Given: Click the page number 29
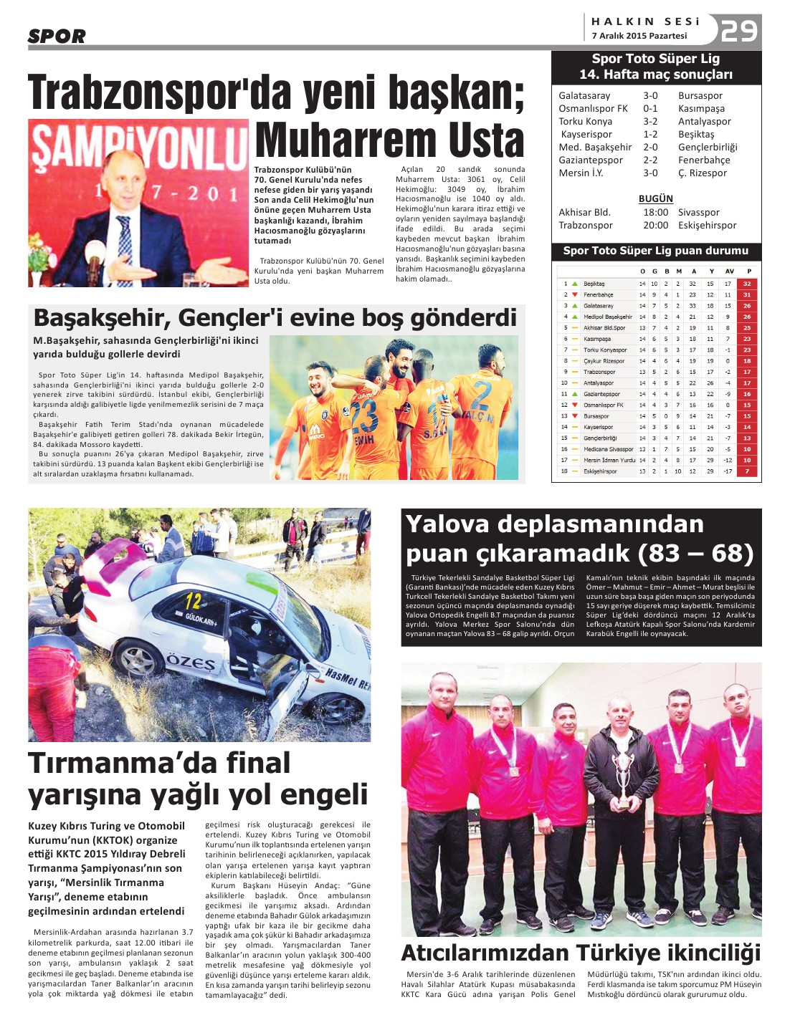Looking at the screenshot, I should [739, 31].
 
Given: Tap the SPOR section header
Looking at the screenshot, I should [57, 37].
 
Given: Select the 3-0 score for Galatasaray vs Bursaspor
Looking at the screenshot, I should [650, 95].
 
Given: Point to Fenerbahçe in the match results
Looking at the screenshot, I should [704, 160].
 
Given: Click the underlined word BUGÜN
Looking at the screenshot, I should [656, 198].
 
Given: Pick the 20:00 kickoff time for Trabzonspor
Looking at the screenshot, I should [655, 225].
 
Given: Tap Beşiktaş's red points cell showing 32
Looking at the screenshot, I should [747, 284].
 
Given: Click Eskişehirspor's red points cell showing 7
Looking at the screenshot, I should [747, 471].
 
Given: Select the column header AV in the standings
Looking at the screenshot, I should [729, 271].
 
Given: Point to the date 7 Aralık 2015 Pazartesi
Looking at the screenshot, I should [639, 36].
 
